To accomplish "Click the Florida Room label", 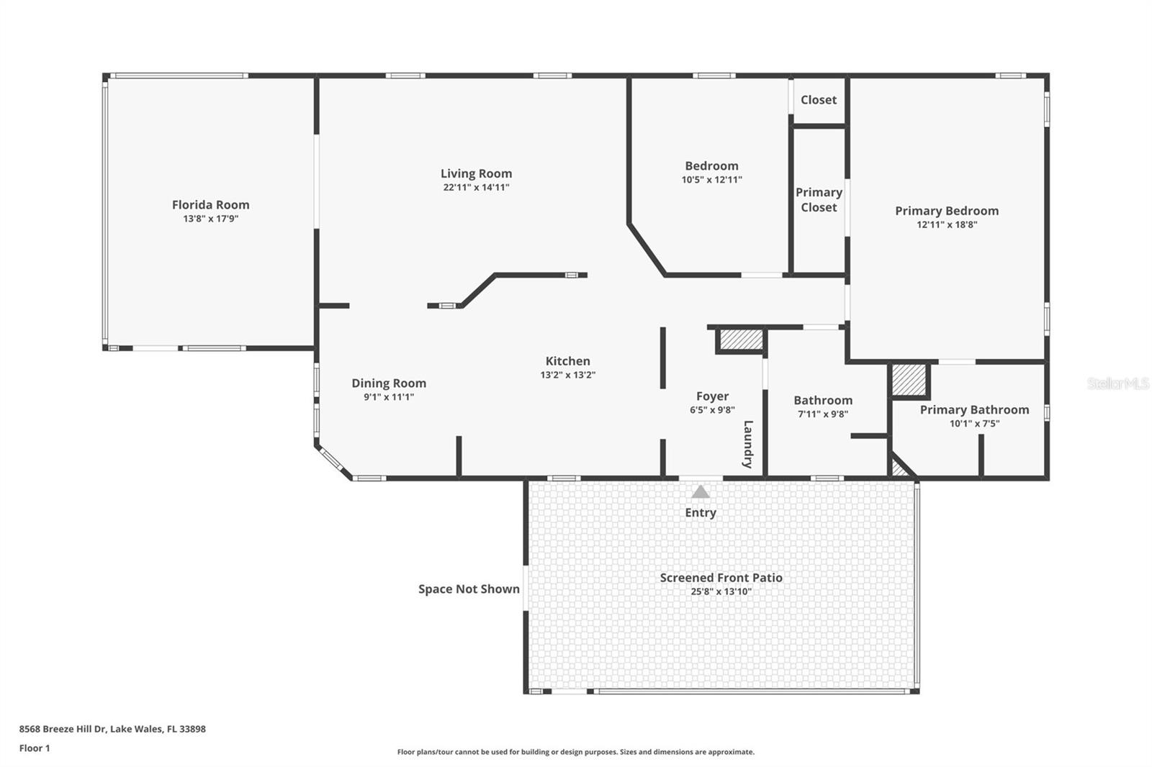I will (210, 205).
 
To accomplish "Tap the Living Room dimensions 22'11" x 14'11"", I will (476, 187).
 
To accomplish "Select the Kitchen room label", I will (567, 361).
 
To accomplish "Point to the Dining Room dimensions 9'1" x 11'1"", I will (388, 397).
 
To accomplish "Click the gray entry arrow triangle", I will (701, 492).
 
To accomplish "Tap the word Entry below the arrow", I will (701, 512).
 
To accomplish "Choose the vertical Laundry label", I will (748, 444).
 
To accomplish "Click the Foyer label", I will (712, 396).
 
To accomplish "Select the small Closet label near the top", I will (819, 100).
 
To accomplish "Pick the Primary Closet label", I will (819, 200).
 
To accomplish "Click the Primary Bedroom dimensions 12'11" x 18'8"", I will (947, 224).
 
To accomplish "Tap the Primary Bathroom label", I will (974, 410).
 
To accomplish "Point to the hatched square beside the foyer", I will (741, 340).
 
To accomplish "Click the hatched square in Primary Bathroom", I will (909, 380).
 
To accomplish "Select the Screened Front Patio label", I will (721, 578).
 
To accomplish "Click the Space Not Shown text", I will (469, 589).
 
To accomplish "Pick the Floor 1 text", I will (35, 748).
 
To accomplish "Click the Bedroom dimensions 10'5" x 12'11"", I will (711, 180).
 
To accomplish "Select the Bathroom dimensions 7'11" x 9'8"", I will (823, 414).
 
